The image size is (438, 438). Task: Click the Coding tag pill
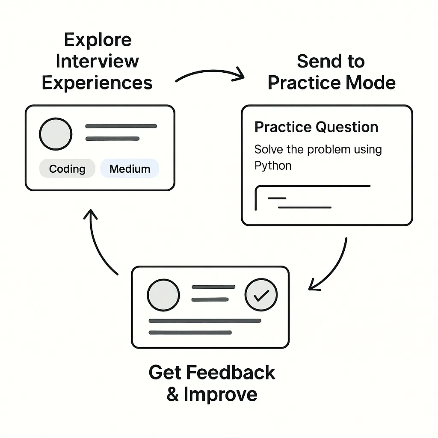67,169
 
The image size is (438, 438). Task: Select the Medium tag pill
130,169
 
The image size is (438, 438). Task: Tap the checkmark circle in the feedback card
261,295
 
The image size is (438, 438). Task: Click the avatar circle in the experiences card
56,134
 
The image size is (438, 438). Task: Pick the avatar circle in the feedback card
163,295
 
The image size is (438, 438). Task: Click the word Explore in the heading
98,40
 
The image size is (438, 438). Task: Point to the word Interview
98,61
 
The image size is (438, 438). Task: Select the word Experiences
98,83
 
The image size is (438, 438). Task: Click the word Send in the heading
314,62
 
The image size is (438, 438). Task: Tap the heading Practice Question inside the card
316,127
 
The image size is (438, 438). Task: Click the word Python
272,166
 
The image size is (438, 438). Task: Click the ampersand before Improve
173,394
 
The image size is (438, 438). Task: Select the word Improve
221,394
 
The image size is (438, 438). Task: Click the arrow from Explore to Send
210,74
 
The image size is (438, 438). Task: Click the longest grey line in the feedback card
204,320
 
